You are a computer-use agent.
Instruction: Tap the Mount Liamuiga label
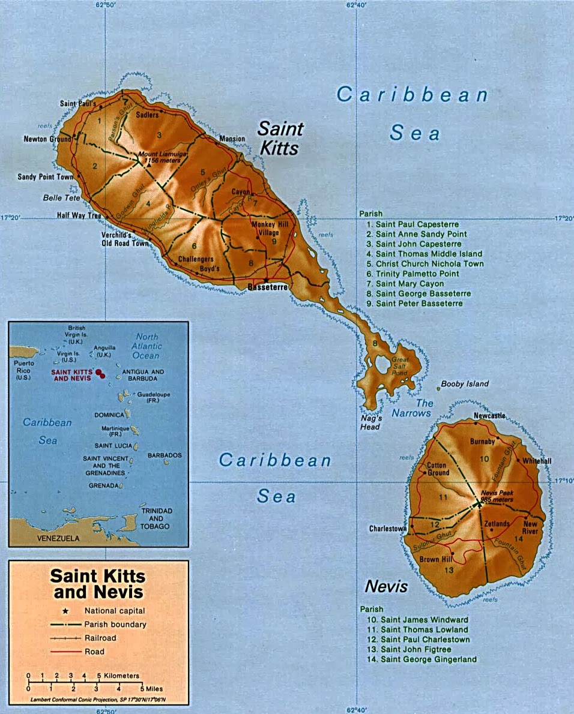point(164,157)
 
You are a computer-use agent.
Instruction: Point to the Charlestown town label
point(388,529)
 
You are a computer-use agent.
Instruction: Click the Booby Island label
point(465,384)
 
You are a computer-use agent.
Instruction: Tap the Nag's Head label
point(370,422)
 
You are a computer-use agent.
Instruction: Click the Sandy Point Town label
point(45,177)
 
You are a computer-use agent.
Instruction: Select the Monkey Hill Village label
point(264,228)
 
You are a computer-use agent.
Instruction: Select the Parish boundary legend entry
point(115,624)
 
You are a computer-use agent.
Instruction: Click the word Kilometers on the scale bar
point(121,676)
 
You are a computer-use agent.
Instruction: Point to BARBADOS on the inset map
point(165,455)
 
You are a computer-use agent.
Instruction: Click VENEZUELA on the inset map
point(58,538)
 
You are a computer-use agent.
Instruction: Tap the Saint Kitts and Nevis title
point(98,583)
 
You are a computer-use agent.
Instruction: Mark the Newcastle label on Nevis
point(489,416)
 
